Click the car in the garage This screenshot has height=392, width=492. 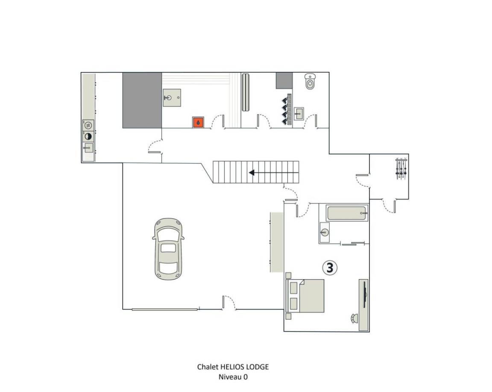169,249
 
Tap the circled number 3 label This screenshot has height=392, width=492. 330,268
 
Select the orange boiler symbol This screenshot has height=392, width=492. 198,123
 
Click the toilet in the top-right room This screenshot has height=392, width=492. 310,82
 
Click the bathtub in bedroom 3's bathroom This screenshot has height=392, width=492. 347,213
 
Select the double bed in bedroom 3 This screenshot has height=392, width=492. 305,295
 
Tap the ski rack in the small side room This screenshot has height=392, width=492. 401,169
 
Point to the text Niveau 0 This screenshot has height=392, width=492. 233,377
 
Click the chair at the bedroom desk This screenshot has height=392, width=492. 354,318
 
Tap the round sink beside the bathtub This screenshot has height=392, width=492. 325,233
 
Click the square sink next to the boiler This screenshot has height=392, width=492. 172,98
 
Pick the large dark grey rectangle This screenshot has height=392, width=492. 142,100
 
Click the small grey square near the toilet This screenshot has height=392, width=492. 284,81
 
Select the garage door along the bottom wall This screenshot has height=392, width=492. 165,309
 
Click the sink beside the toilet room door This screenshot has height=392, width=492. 299,113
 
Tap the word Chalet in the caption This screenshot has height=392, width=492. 208,367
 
